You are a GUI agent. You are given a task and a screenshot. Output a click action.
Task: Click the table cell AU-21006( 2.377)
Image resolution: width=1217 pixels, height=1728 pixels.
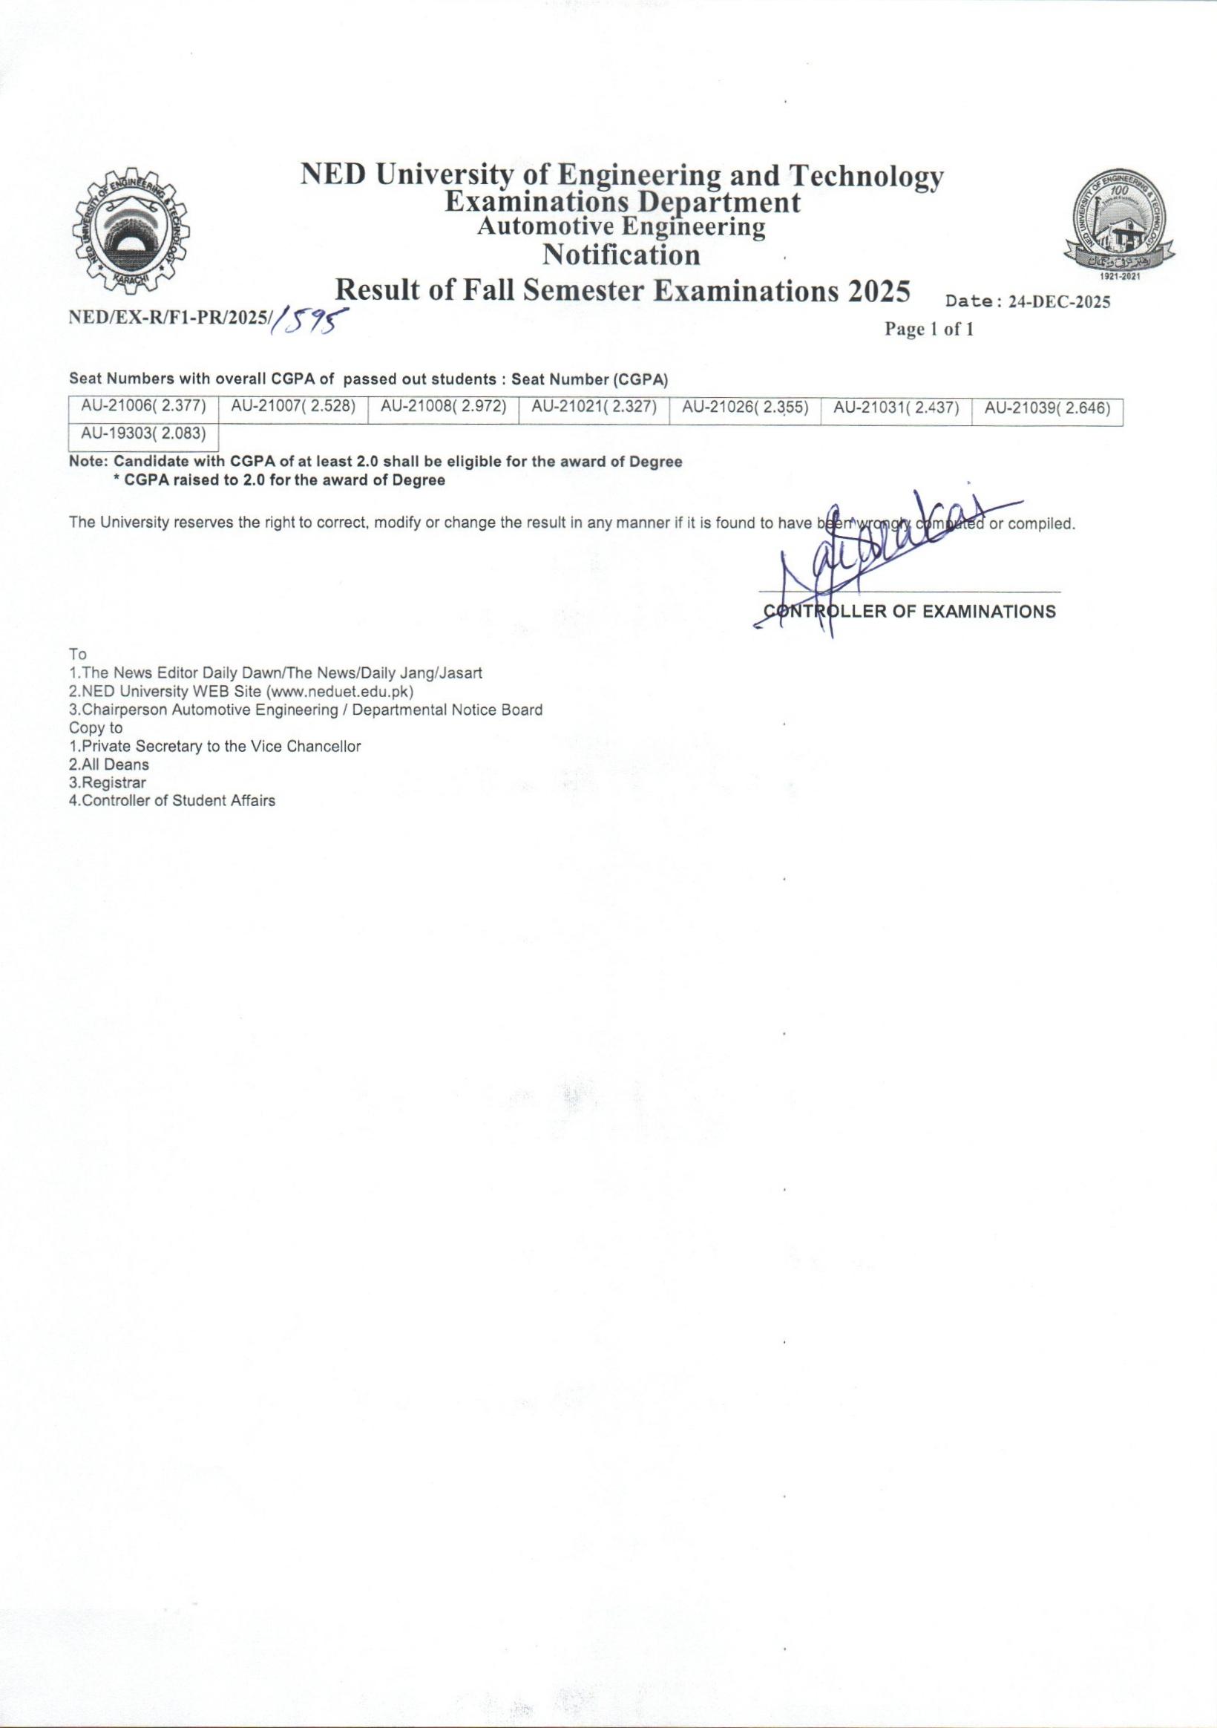coord(143,408)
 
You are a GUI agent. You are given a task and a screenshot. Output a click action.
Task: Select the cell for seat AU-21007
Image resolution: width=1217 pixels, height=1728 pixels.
coord(293,408)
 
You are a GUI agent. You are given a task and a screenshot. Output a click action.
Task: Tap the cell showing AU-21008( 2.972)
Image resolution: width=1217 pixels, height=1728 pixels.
coord(443,408)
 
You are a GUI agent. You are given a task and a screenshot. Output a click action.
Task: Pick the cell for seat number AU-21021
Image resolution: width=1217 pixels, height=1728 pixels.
coord(594,408)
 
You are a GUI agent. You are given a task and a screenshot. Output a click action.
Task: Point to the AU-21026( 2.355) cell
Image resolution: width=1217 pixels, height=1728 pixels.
coord(745,408)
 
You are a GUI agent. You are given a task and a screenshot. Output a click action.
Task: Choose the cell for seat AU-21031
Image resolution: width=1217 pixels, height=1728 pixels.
coord(896,408)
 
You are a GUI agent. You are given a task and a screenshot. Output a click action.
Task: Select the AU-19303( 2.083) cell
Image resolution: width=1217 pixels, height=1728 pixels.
coord(143,434)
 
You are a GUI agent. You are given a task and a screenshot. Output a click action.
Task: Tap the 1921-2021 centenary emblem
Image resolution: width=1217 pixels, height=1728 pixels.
coord(1120,226)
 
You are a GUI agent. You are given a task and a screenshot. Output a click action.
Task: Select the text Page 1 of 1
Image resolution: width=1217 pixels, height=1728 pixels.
coord(929,330)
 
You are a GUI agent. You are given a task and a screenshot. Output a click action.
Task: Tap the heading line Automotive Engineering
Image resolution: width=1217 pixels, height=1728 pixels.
coord(621,227)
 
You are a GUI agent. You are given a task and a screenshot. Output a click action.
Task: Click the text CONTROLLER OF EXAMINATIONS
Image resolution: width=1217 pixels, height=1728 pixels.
coord(909,612)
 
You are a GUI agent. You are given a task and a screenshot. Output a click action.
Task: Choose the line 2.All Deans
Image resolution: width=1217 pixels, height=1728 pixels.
coord(109,765)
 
